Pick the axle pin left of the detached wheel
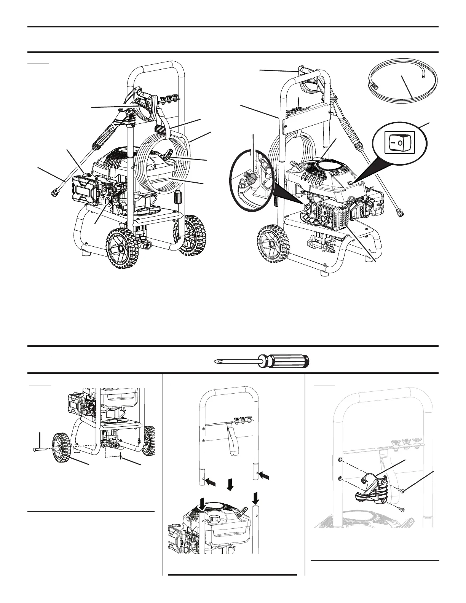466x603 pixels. click(x=38, y=450)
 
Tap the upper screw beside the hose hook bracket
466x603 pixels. click(x=403, y=492)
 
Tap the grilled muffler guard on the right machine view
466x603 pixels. click(x=334, y=217)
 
